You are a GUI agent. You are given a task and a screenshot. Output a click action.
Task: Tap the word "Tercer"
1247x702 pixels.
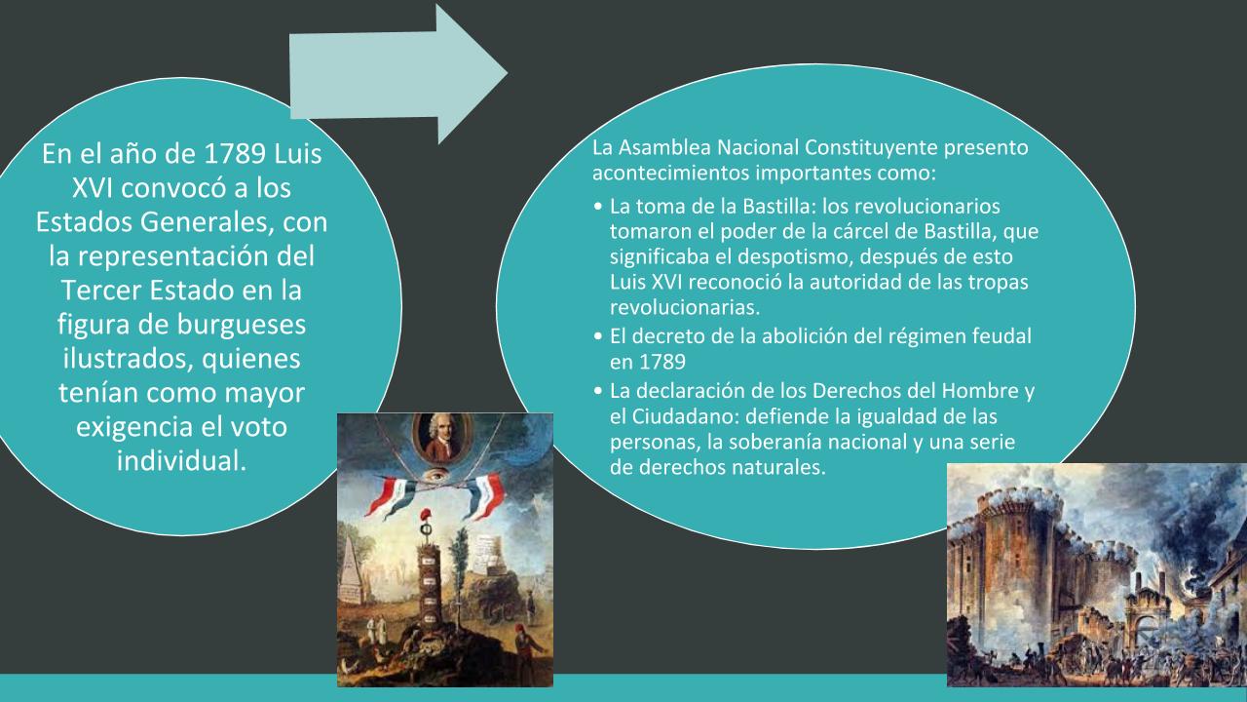[x=100, y=291]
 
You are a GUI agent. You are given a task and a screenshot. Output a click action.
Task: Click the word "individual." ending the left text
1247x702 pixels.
[x=181, y=461]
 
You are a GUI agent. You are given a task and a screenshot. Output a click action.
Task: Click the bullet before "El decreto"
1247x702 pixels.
[x=598, y=336]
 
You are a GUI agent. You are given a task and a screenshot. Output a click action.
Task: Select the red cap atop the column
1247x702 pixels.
[x=427, y=515]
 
